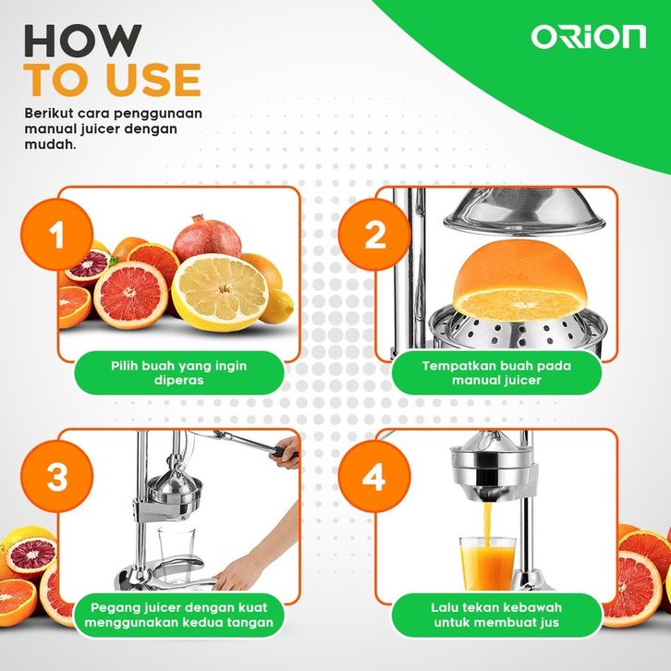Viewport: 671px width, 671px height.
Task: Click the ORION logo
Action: click(x=589, y=37)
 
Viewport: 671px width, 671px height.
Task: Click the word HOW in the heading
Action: click(x=82, y=41)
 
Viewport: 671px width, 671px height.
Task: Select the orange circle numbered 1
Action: click(x=57, y=234)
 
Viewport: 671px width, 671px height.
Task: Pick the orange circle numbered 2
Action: click(x=374, y=234)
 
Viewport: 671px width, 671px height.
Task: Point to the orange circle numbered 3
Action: click(x=57, y=476)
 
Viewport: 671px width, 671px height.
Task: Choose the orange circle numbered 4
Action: click(x=374, y=476)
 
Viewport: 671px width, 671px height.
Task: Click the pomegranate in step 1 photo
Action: click(x=207, y=238)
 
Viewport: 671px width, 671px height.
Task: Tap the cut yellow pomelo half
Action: click(x=220, y=292)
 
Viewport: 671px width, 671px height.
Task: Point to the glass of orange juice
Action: click(x=487, y=563)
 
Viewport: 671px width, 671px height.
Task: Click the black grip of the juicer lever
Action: click(x=285, y=452)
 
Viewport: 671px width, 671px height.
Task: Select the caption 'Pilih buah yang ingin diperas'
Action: click(x=179, y=372)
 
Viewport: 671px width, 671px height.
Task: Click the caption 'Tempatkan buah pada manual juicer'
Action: click(x=496, y=372)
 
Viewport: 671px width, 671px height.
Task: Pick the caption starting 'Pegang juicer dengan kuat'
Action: click(x=179, y=615)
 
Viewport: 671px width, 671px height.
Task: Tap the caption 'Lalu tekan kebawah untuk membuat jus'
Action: click(x=496, y=615)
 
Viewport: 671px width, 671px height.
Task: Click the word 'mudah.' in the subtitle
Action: click(x=51, y=144)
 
